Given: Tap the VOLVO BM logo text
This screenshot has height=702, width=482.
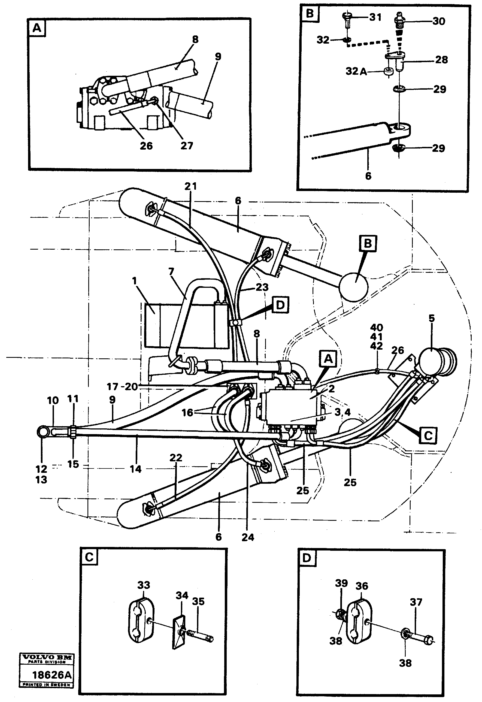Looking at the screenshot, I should click(x=47, y=657).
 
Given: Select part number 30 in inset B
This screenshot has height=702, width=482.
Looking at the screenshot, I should click(x=438, y=22).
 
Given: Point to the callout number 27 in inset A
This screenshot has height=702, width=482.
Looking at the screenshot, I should click(x=187, y=146).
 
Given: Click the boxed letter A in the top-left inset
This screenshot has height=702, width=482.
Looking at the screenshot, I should click(x=37, y=28).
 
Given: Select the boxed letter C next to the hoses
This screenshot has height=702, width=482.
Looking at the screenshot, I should click(x=429, y=435).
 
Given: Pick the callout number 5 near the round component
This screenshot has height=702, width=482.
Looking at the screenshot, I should click(x=432, y=318).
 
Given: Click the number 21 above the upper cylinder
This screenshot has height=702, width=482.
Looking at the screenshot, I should click(x=190, y=186).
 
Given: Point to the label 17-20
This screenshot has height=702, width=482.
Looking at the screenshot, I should click(x=122, y=386).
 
